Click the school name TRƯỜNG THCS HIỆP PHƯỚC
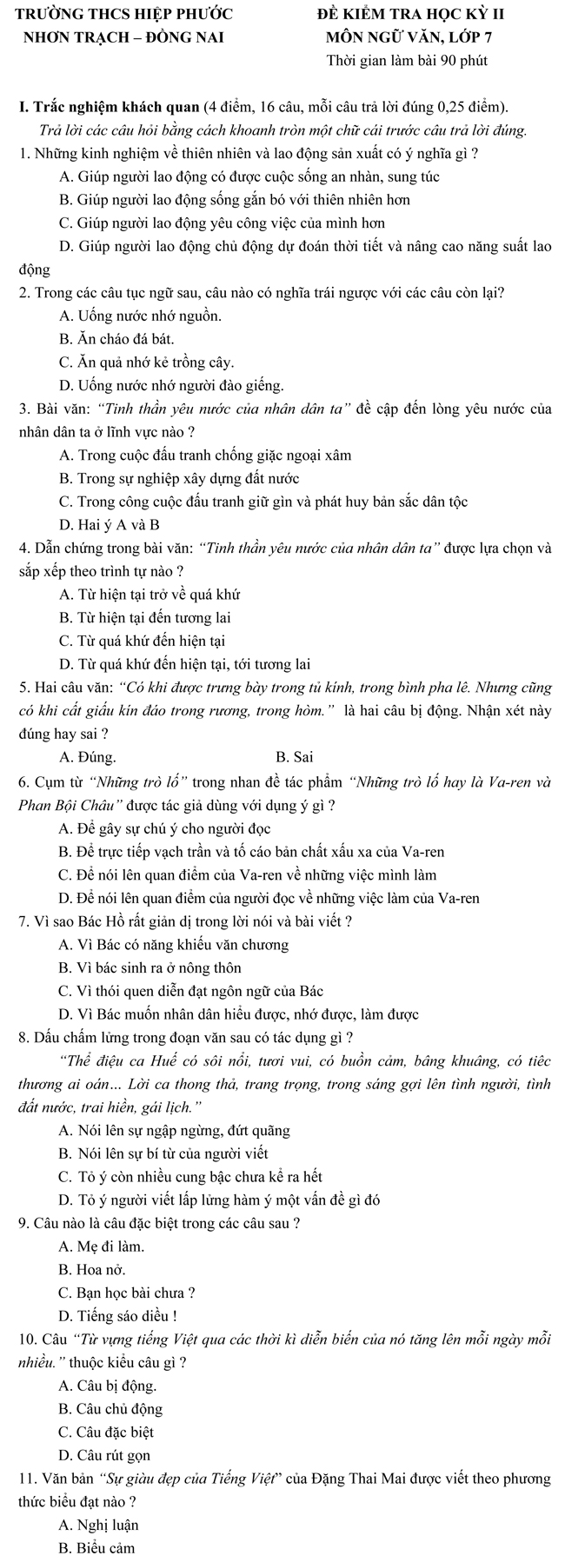tap(125, 15)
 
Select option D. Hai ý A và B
tap(110, 525)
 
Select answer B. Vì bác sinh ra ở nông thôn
tap(150, 967)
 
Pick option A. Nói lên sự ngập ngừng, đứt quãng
tap(174, 1130)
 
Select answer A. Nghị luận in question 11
tap(99, 1525)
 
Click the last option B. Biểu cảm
tap(96, 1548)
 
